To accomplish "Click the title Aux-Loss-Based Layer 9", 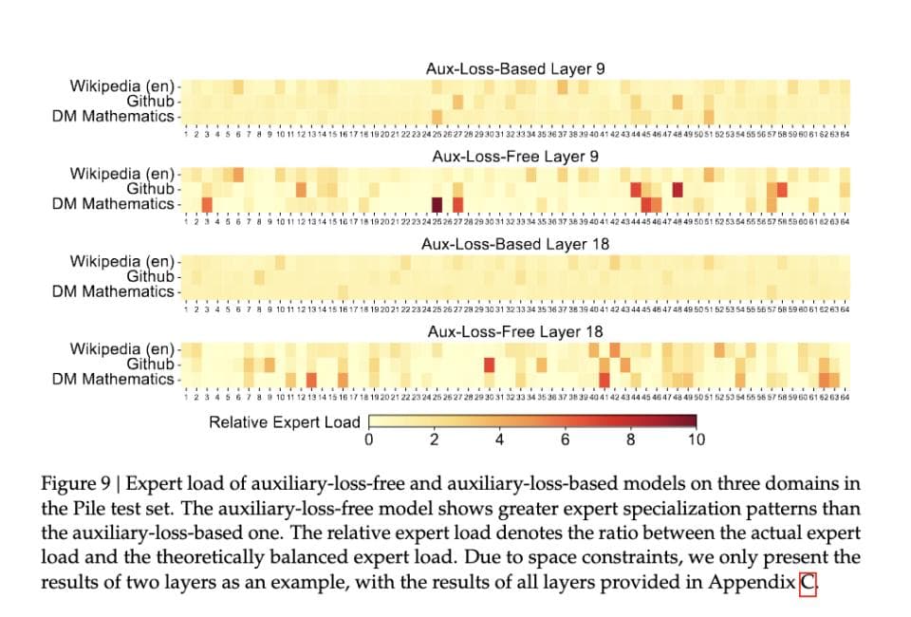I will pos(515,69).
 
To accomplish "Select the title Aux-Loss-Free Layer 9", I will pos(515,157).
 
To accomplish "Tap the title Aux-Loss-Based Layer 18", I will pos(515,244).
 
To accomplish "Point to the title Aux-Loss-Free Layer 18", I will pos(515,331).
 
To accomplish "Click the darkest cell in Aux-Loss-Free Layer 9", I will pos(437,204).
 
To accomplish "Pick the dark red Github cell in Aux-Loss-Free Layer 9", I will pos(678,189).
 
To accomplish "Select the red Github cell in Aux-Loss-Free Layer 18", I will pos(490,365).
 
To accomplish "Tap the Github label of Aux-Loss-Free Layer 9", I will pos(152,188).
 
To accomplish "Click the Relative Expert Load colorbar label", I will pos(285,422).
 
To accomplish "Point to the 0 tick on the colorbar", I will pos(368,439).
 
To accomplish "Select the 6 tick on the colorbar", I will pos(565,439).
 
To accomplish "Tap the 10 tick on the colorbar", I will pos(696,439).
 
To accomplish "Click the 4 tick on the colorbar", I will pos(499,439).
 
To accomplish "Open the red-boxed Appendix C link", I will pos(808,581).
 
